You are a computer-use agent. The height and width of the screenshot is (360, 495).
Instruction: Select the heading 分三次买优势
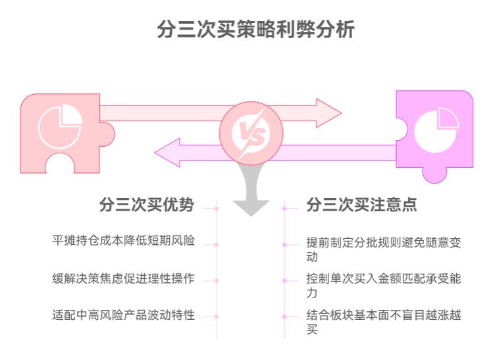tap(146, 205)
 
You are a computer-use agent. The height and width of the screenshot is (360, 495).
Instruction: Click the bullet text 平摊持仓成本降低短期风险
tap(123, 240)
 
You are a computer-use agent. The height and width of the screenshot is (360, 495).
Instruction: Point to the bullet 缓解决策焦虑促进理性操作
tap(123, 277)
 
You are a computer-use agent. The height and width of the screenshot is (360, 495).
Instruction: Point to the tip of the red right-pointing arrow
tap(340, 113)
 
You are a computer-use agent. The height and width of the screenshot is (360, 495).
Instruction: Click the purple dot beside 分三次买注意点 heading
tap(284, 209)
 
